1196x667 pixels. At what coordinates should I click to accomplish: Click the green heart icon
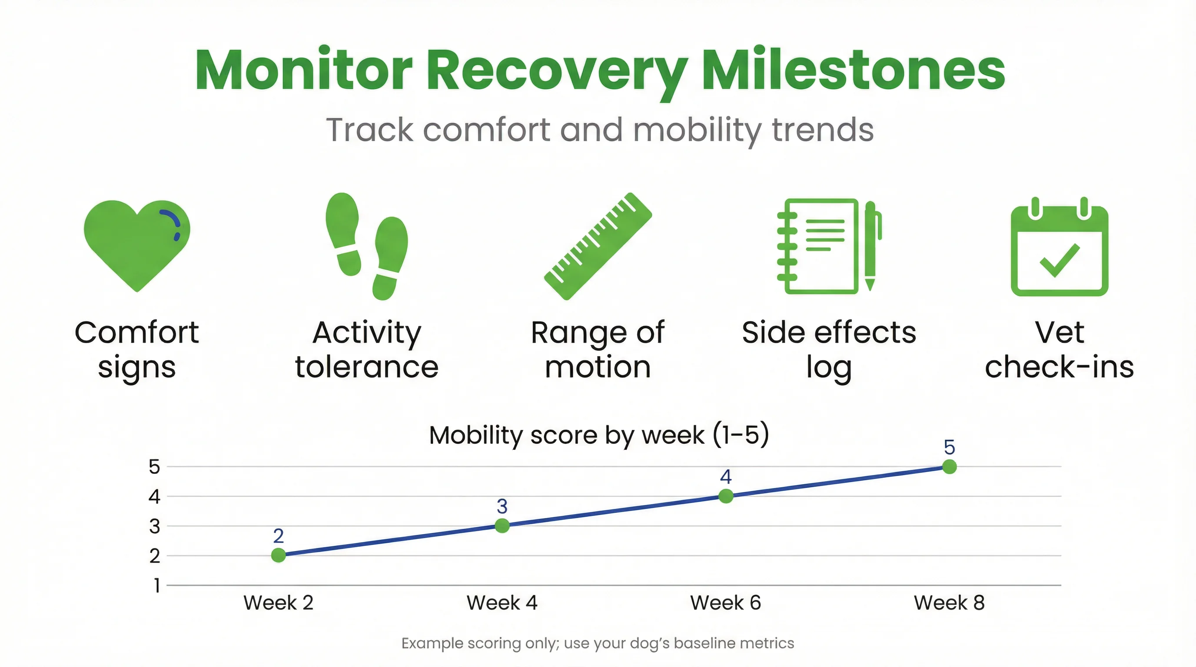click(136, 244)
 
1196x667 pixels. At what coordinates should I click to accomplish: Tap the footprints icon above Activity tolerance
click(367, 246)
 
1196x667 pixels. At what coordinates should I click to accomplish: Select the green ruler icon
click(598, 246)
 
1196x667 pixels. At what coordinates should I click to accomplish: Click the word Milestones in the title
click(854, 71)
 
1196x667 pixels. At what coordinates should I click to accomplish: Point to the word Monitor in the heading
click(304, 71)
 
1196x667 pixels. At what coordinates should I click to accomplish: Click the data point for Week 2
click(278, 555)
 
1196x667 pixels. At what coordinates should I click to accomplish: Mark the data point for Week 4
click(502, 525)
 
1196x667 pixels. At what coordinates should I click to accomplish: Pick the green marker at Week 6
click(726, 496)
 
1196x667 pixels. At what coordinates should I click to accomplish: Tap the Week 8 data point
click(950, 467)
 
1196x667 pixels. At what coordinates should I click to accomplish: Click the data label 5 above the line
click(950, 447)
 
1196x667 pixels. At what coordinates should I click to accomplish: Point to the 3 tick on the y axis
click(154, 526)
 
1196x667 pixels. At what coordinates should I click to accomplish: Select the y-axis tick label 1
click(157, 585)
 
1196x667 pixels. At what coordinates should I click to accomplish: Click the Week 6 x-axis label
click(726, 603)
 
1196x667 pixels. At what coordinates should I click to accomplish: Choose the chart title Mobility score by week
click(599, 435)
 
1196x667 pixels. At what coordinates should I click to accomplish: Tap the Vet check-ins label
click(1060, 350)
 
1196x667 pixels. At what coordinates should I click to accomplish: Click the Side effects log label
click(829, 350)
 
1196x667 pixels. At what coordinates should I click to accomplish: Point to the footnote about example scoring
click(598, 644)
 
